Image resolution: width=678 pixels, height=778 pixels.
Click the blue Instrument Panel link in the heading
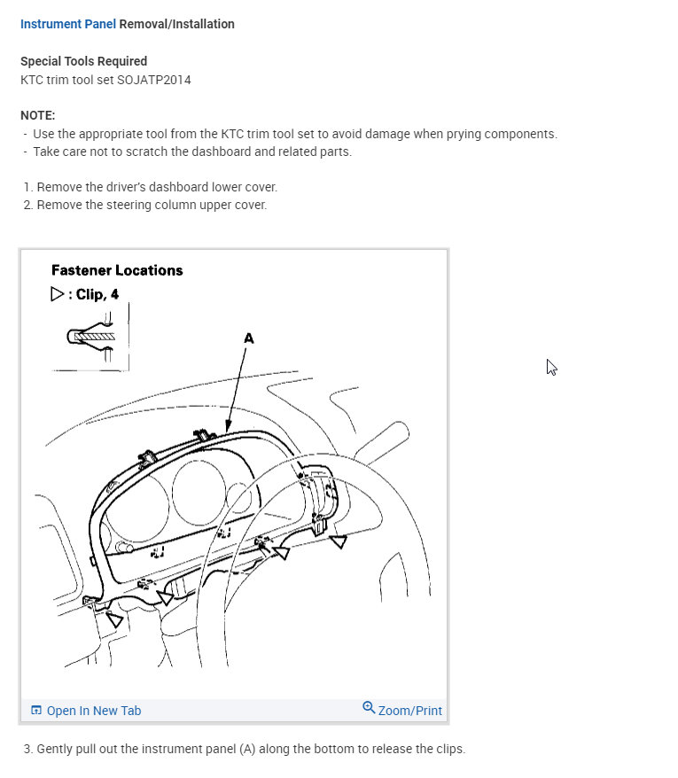[67, 25]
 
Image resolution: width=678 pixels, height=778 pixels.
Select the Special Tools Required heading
[83, 61]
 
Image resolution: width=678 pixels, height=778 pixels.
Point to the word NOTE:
[37, 116]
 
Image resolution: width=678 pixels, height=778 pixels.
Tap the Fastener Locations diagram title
[117, 270]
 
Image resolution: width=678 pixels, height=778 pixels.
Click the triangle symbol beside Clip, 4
[58, 294]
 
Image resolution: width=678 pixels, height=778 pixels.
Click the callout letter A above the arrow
[248, 338]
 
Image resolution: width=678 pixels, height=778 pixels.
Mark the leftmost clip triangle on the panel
[113, 619]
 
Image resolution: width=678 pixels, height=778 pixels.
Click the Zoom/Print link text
[409, 711]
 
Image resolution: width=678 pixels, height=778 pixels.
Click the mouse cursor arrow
[551, 367]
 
